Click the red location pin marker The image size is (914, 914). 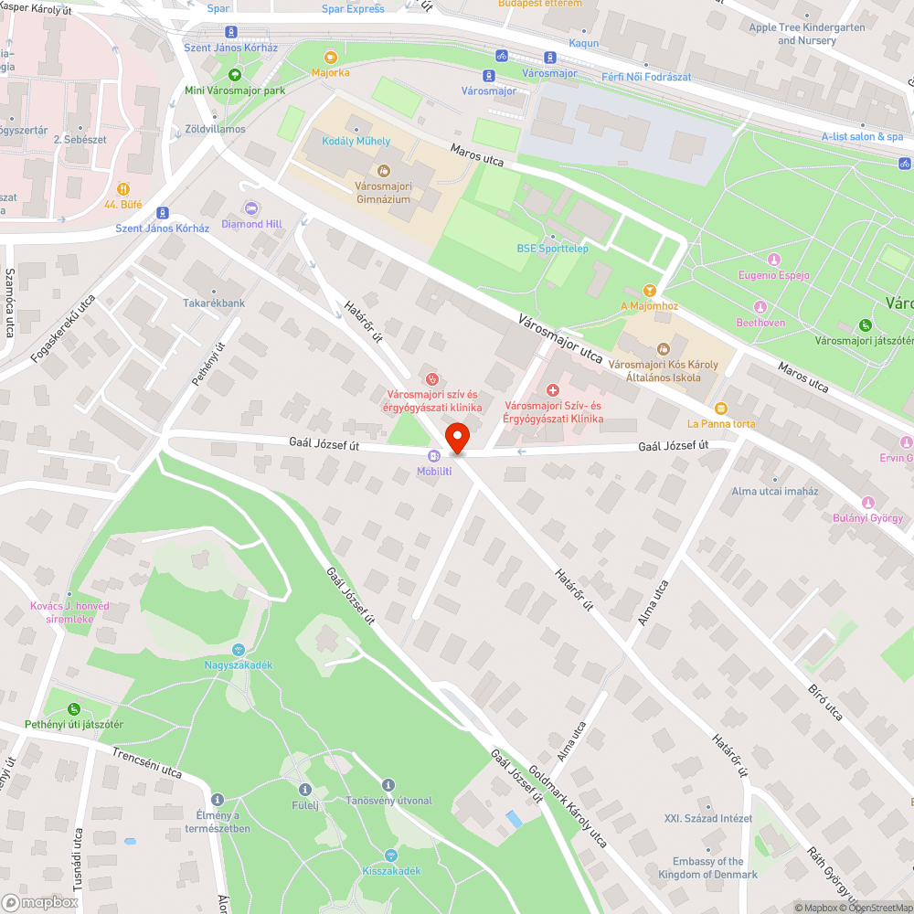point(456,438)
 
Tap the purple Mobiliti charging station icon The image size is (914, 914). point(434,457)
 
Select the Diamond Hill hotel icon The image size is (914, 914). point(251,208)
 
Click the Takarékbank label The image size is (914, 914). point(214,303)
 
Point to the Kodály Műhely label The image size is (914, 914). point(356,141)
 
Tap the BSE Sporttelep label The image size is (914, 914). point(553,249)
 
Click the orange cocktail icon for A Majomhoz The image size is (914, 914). point(650,290)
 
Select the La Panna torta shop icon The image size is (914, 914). point(721,409)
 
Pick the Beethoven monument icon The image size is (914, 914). point(760,307)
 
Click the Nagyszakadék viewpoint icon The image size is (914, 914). point(239,650)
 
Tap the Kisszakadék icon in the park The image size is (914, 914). point(391,856)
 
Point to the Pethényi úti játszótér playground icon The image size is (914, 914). point(74,709)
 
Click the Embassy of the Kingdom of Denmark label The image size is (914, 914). point(708,867)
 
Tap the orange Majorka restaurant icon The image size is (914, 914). point(330,57)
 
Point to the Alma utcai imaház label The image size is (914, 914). point(775,491)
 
